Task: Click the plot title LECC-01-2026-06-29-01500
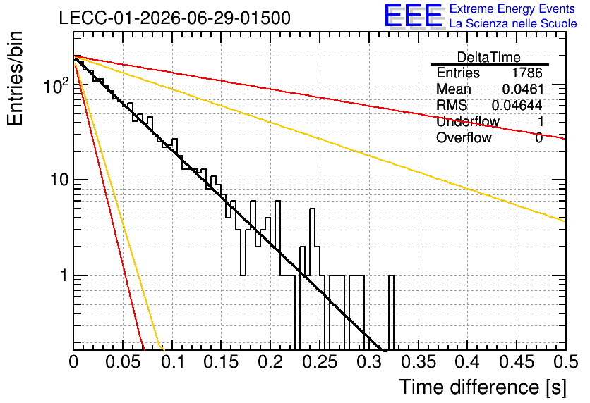point(175,18)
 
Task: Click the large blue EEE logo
point(414,15)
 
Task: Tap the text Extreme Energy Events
point(512,8)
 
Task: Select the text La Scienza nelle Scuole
point(513,23)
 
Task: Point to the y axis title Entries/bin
point(15,78)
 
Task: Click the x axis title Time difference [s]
point(483,387)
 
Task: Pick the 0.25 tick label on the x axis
point(320,362)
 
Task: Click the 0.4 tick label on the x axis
point(468,362)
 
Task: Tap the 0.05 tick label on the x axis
point(123,362)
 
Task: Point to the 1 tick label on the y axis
point(64,275)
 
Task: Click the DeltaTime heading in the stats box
point(489,57)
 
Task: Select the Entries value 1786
point(526,73)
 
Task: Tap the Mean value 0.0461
point(523,89)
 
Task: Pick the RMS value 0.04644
point(517,105)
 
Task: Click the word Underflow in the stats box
point(468,121)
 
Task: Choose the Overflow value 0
point(538,138)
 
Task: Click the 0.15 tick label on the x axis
point(222,362)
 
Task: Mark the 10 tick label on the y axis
point(60,180)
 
